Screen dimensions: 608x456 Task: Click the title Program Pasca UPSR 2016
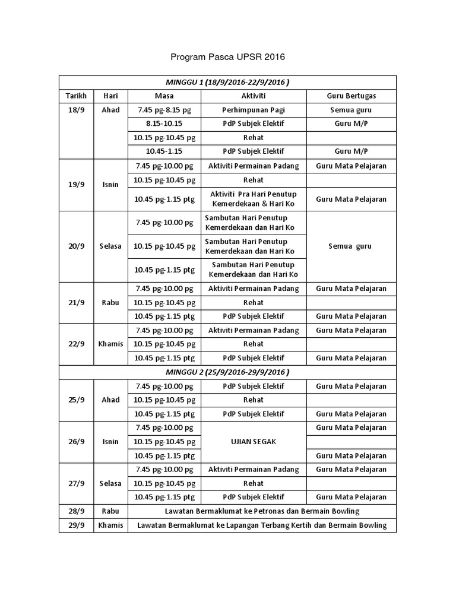click(228, 58)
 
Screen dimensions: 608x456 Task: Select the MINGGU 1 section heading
click(227, 82)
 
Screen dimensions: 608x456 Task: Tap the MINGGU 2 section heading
click(227, 372)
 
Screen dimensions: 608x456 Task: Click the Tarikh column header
click(76, 96)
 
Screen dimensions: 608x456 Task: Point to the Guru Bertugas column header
click(351, 96)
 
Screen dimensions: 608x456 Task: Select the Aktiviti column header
click(253, 96)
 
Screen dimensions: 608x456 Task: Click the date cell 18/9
click(76, 110)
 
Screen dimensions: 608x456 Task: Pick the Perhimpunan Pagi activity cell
click(253, 110)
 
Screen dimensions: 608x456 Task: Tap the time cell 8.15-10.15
click(164, 124)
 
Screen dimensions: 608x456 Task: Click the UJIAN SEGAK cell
click(253, 442)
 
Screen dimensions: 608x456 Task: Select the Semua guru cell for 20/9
click(351, 246)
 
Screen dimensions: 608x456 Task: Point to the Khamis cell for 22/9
click(110, 344)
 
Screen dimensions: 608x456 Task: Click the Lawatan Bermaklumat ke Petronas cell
click(261, 511)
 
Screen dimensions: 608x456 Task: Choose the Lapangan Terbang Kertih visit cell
click(261, 525)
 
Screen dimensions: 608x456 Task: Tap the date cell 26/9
click(76, 442)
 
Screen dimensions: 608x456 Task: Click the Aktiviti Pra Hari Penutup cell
click(253, 199)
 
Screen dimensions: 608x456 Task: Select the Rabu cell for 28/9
click(110, 511)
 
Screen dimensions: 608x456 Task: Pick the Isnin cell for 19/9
click(110, 184)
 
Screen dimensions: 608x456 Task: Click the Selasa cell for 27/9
click(110, 483)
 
